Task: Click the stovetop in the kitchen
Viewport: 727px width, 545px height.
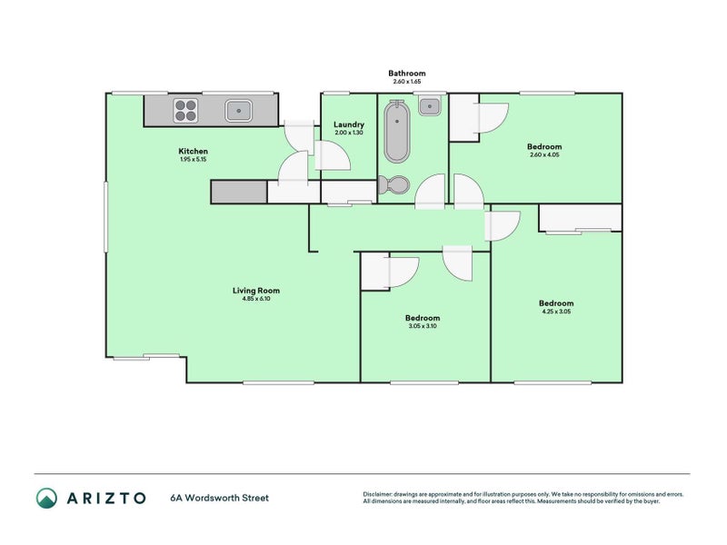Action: click(x=185, y=111)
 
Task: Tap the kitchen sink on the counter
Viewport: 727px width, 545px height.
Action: click(x=239, y=111)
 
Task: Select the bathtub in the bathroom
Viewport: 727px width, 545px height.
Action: click(x=397, y=131)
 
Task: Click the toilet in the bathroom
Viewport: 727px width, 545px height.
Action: click(x=393, y=185)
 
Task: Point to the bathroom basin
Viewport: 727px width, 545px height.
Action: click(x=430, y=106)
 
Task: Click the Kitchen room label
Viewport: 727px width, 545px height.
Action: click(x=193, y=151)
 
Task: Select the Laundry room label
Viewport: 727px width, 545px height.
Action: click(x=349, y=124)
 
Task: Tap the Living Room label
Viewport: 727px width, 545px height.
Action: click(x=256, y=291)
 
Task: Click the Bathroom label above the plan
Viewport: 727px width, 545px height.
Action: click(x=406, y=74)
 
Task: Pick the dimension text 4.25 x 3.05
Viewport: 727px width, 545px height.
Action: click(x=556, y=312)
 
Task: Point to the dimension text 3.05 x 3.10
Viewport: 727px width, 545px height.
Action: click(x=423, y=326)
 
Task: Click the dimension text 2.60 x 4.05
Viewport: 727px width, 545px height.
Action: click(x=544, y=154)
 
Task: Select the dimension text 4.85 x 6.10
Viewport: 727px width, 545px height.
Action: click(x=256, y=299)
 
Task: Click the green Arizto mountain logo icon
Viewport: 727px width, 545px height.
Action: click(x=47, y=498)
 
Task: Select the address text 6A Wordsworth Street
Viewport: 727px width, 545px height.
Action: click(x=219, y=498)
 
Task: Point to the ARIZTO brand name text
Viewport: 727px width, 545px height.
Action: click(x=106, y=498)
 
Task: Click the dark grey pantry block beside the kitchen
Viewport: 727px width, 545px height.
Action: click(x=239, y=192)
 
